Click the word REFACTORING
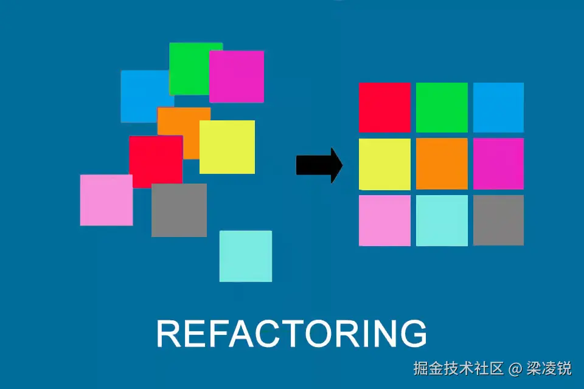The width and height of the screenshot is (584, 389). (x=291, y=334)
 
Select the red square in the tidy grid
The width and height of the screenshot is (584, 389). (x=384, y=107)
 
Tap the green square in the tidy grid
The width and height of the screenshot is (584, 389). (x=442, y=107)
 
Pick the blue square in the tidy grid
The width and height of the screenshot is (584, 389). (x=498, y=107)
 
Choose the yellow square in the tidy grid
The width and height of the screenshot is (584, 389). (x=384, y=164)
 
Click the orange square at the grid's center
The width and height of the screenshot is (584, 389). (x=442, y=164)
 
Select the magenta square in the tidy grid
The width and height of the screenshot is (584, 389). (x=498, y=164)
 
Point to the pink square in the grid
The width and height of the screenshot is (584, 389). (x=384, y=220)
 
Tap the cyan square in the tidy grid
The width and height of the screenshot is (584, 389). (x=442, y=220)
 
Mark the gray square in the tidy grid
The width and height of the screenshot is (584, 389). (x=498, y=220)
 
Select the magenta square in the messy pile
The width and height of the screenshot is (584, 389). (x=237, y=77)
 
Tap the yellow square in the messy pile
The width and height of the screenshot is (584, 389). (x=227, y=147)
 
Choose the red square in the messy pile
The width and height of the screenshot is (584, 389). (x=155, y=159)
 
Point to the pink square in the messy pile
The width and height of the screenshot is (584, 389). (x=106, y=200)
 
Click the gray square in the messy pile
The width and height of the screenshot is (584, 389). (x=179, y=210)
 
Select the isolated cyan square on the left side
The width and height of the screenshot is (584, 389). (x=245, y=256)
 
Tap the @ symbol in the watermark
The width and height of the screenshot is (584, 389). (x=515, y=368)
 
